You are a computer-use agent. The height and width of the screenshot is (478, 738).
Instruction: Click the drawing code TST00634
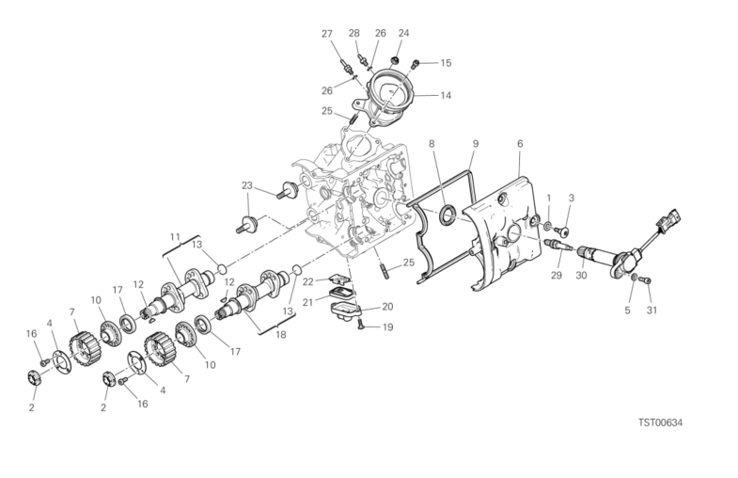pyautogui.click(x=660, y=422)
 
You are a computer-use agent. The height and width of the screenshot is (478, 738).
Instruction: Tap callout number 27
pyautogui.click(x=327, y=34)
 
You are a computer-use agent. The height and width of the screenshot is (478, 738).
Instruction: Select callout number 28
pyautogui.click(x=353, y=33)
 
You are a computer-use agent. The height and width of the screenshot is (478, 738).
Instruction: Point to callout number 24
pyautogui.click(x=404, y=33)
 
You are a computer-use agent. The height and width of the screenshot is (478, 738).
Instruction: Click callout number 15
pyautogui.click(x=446, y=63)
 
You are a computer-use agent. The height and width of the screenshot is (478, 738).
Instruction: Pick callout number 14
pyautogui.click(x=446, y=95)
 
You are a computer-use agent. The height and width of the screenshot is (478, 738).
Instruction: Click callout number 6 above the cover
pyautogui.click(x=520, y=144)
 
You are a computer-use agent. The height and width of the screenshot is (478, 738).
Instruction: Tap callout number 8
pyautogui.click(x=432, y=144)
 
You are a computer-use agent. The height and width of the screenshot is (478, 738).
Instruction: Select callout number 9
pyautogui.click(x=476, y=144)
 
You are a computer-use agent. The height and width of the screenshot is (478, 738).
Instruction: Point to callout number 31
pyautogui.click(x=652, y=310)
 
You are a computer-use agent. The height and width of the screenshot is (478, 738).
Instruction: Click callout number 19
pyautogui.click(x=387, y=327)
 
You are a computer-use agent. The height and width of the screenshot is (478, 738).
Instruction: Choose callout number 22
pyautogui.click(x=307, y=281)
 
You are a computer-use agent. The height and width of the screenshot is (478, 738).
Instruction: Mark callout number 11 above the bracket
pyautogui.click(x=175, y=236)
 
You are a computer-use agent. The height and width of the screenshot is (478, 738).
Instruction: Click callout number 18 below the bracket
pyautogui.click(x=281, y=335)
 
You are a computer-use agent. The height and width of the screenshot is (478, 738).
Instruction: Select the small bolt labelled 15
pyautogui.click(x=416, y=63)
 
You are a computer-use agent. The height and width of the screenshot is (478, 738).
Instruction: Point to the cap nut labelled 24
pyautogui.click(x=396, y=61)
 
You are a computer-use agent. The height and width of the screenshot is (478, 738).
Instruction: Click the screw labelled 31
pyautogui.click(x=648, y=280)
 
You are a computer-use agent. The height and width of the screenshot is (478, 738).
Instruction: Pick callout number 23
pyautogui.click(x=247, y=185)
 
